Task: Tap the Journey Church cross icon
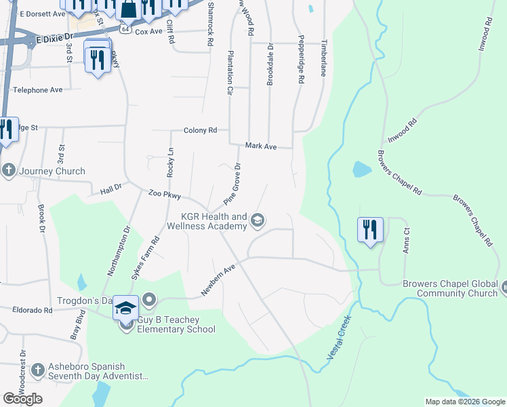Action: pos(9,170)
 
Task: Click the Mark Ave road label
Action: pos(261,146)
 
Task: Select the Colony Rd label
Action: pos(200,130)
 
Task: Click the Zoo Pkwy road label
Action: pos(165,195)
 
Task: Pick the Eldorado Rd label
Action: pos(33,310)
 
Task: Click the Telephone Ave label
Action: pos(38,90)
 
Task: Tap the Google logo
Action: pos(22,399)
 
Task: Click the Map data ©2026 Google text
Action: pos(464,402)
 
